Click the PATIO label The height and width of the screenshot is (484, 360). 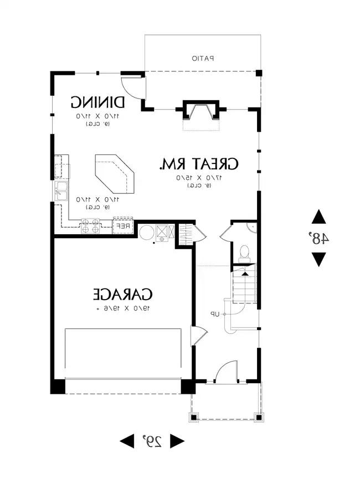pos(203,58)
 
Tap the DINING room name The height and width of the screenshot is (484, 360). pos(97,102)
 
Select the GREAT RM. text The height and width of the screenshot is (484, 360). pos(199,164)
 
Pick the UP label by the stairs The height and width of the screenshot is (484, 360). pos(214,314)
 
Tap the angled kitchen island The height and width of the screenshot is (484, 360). pos(114,173)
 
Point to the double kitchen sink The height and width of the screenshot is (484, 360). pos(61,192)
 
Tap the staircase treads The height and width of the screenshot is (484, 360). pos(244,285)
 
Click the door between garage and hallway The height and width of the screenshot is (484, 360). pos(199,336)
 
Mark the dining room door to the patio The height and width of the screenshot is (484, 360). pos(132,85)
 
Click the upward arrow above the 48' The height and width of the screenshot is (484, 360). pos(318,217)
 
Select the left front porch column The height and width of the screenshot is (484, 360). pos(194,417)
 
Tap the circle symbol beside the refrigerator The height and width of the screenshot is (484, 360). pos(146,233)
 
